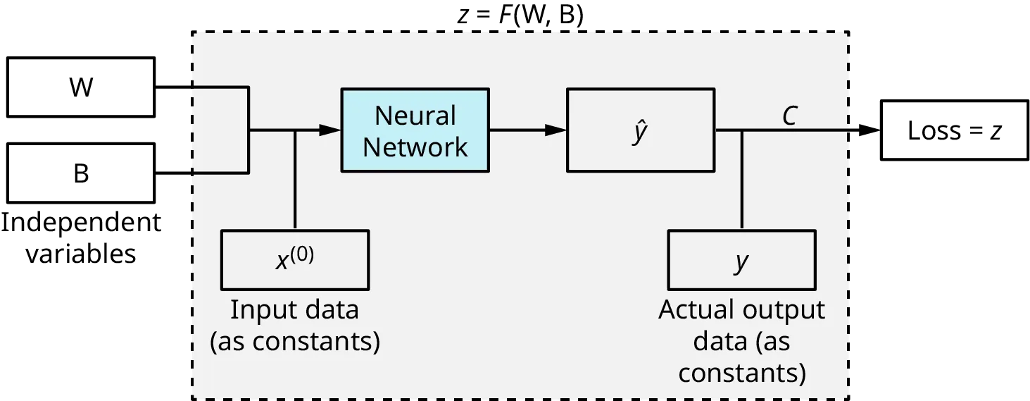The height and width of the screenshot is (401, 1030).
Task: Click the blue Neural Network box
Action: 415,130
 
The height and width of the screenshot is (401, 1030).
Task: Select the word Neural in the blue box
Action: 415,115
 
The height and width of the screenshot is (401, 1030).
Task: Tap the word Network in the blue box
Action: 415,147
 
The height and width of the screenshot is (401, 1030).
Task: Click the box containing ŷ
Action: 640,130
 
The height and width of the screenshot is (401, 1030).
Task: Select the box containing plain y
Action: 741,259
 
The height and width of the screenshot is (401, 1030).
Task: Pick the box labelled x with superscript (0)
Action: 295,259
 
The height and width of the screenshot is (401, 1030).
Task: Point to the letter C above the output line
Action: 789,116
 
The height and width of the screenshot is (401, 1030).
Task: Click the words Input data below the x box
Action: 294,309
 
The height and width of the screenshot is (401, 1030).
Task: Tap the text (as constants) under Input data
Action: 295,341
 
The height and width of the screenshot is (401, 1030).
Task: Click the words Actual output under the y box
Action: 741,309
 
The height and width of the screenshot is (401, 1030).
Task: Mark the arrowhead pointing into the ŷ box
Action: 555,130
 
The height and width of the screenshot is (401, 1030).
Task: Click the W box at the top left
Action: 82,87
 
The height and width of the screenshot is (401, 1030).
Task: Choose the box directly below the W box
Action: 82,171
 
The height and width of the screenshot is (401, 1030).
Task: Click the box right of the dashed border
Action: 953,130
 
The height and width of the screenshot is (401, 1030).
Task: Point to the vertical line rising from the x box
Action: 295,180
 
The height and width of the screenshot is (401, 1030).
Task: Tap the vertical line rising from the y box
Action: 741,180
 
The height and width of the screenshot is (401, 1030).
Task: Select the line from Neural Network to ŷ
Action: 521,130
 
